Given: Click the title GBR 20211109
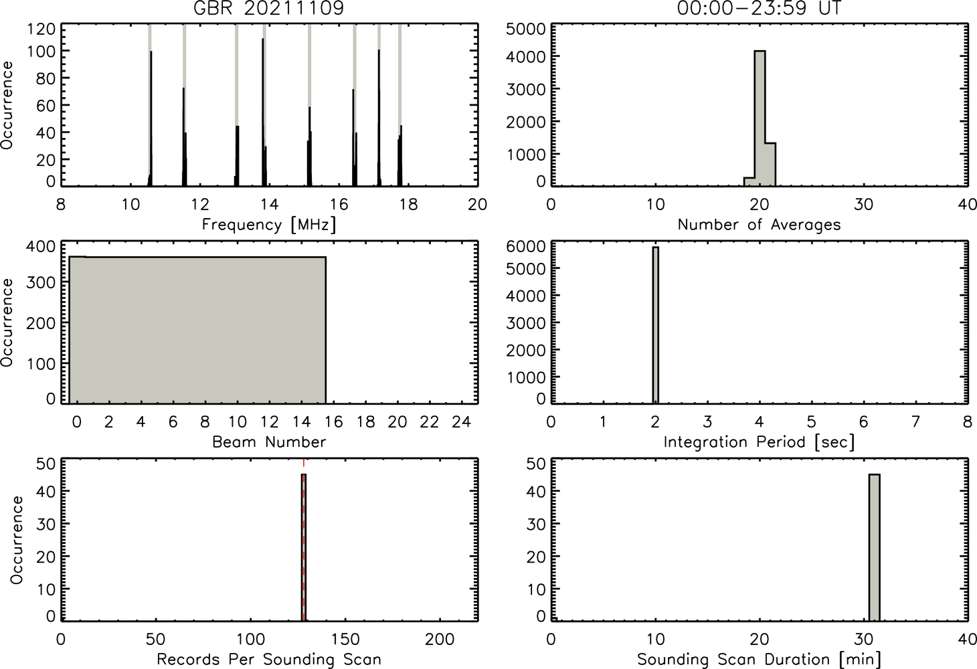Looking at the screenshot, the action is (x=269, y=8).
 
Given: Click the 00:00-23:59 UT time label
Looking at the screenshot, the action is (x=759, y=8).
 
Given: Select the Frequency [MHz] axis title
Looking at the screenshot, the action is (x=269, y=225).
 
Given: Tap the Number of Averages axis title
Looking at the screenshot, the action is (x=759, y=224).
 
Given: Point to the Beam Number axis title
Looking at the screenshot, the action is (x=269, y=442).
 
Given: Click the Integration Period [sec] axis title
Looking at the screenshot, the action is (x=759, y=442).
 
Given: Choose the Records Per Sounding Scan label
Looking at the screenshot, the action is (x=269, y=659).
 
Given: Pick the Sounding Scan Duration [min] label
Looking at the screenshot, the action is (x=759, y=660).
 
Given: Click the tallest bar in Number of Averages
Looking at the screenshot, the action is (x=760, y=118).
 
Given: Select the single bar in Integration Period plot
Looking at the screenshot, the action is (x=656, y=325).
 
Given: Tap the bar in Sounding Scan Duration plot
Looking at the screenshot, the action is (x=874, y=547).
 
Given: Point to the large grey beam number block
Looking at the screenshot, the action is (x=197, y=330).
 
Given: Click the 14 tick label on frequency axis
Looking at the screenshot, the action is (x=270, y=204).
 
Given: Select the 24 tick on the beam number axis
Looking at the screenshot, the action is (x=462, y=421).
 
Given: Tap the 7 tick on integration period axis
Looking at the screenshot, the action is (x=915, y=421).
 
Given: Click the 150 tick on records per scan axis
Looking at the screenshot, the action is (x=345, y=640).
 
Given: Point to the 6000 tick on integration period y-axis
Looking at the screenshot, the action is (x=525, y=246).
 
